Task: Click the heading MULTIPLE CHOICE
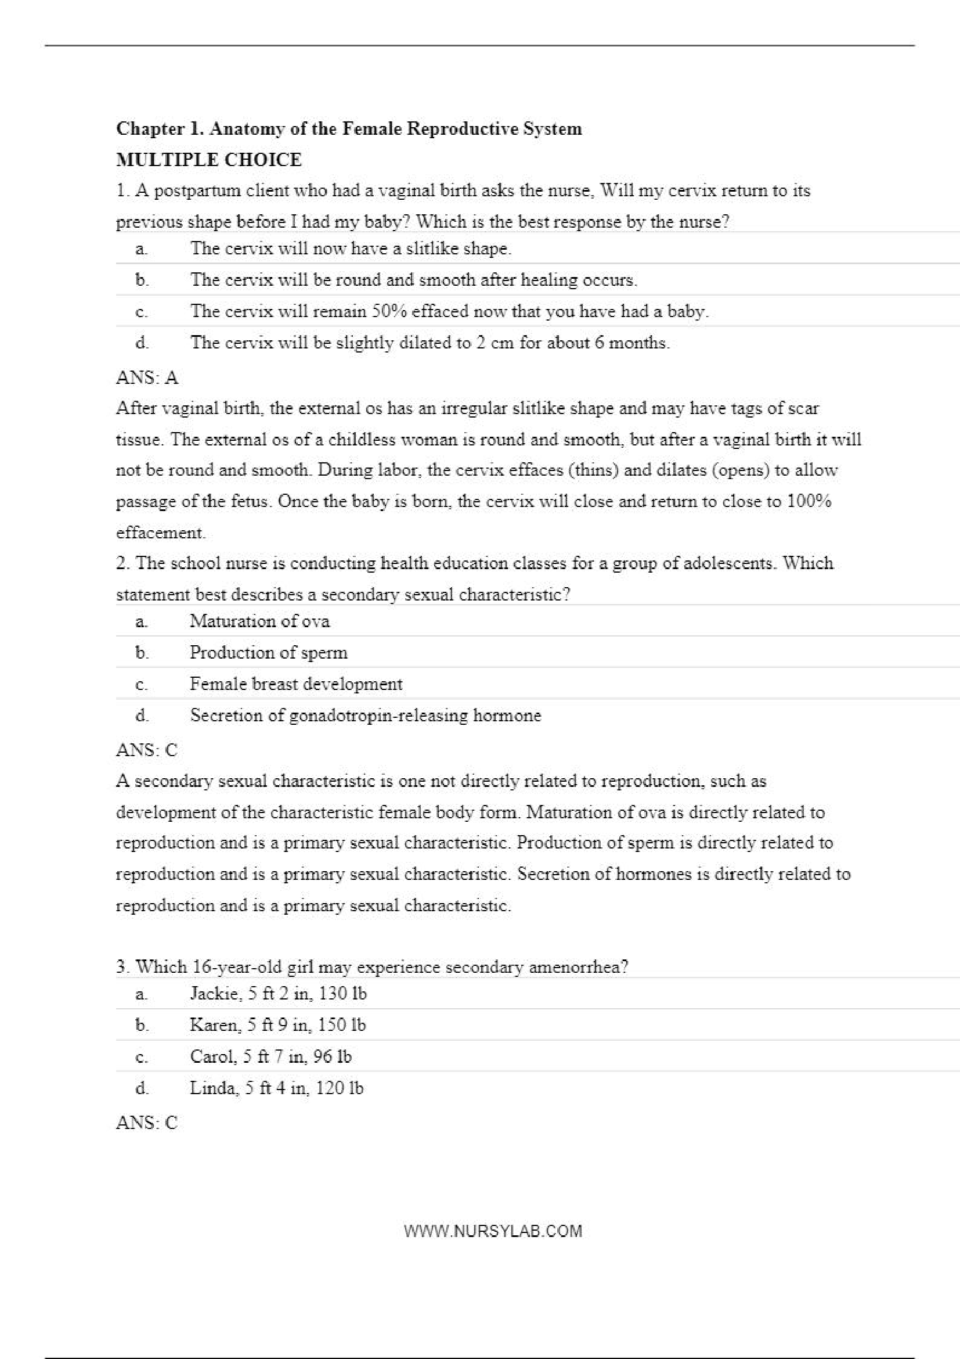pyautogui.click(x=209, y=160)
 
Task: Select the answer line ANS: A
pyautogui.click(x=147, y=378)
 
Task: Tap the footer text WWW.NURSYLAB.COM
pyautogui.click(x=493, y=1231)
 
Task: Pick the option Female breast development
pyautogui.click(x=296, y=684)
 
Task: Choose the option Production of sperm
pyautogui.click(x=269, y=653)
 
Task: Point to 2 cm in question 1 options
pyautogui.click(x=495, y=343)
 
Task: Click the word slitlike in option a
pyautogui.click(x=432, y=249)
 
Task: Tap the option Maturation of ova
pyautogui.click(x=259, y=621)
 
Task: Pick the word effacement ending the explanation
pyautogui.click(x=160, y=533)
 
